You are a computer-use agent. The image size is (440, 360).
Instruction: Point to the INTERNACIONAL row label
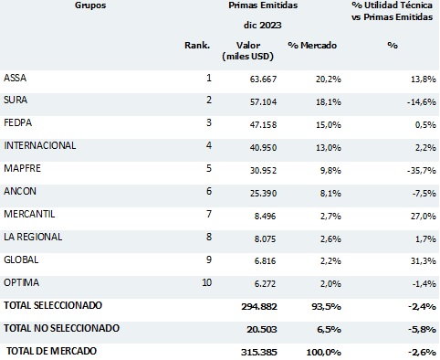coord(40,145)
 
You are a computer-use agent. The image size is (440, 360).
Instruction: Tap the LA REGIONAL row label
coord(33,236)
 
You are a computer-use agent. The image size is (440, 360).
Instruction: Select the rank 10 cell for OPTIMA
coord(205,282)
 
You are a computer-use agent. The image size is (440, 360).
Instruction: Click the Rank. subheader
coord(197,45)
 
